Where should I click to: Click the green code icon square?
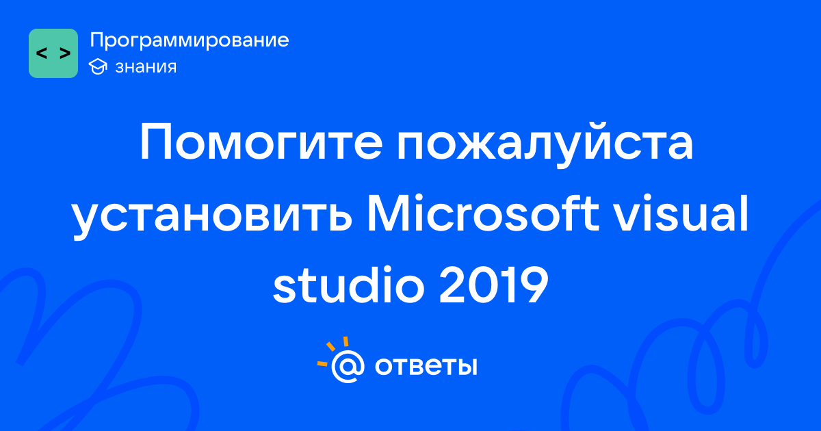(53, 53)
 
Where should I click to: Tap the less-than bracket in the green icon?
(42, 53)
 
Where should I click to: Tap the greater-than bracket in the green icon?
(65, 53)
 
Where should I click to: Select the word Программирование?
(190, 40)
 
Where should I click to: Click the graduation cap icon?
(98, 66)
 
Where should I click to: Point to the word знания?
(146, 67)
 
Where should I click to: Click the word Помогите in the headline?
(261, 142)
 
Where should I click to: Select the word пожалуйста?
(545, 146)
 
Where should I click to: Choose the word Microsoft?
(483, 213)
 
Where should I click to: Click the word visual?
(681, 213)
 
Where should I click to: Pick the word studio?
(348, 284)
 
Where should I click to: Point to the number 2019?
(494, 285)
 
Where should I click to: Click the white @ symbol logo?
(348, 367)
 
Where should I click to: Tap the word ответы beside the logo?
(426, 367)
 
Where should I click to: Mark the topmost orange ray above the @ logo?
(346, 341)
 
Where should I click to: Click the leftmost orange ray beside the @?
(322, 363)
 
